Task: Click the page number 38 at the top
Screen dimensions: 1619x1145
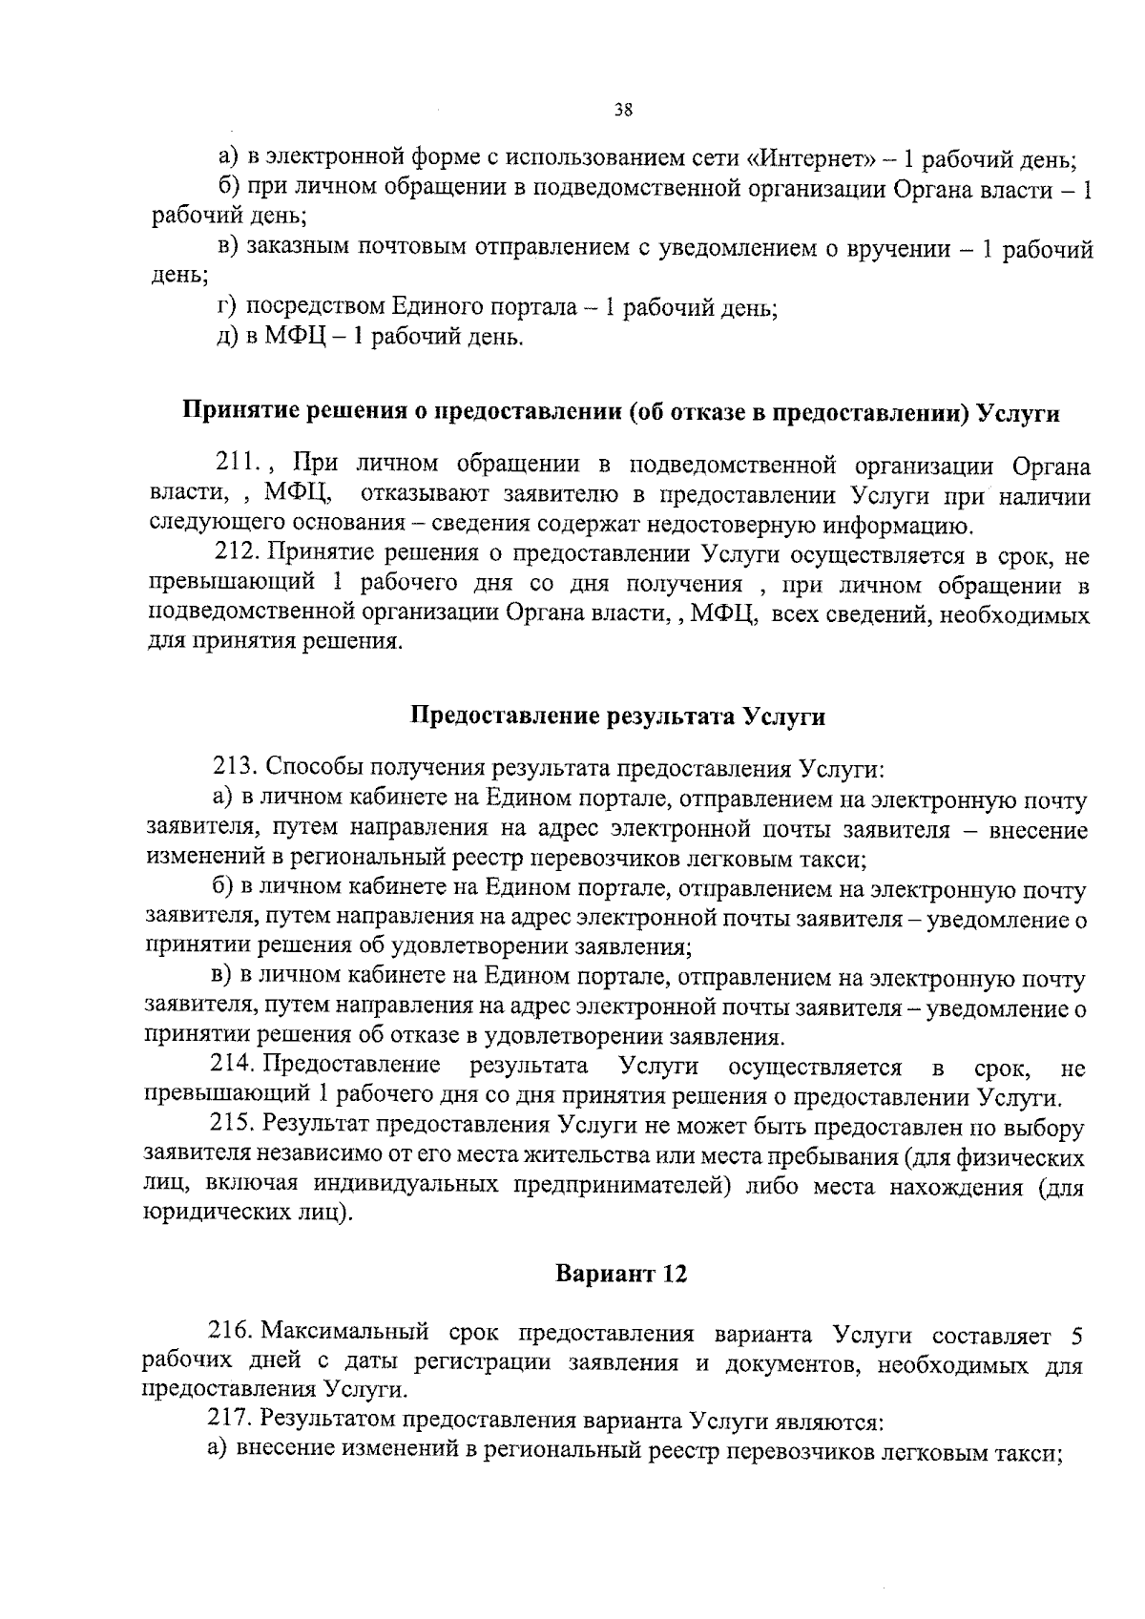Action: pyautogui.click(x=623, y=110)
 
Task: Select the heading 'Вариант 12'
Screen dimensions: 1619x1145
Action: pyautogui.click(x=621, y=1275)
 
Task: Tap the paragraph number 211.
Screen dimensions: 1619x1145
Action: pyautogui.click(x=238, y=466)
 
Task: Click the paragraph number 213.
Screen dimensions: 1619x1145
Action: pyautogui.click(x=233, y=768)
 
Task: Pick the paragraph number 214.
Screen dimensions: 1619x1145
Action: pyautogui.click(x=232, y=1066)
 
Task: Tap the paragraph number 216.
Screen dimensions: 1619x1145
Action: pyautogui.click(x=230, y=1332)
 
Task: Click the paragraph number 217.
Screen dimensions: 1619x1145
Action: pyautogui.click(x=229, y=1421)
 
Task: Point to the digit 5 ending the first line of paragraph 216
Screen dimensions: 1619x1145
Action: pyautogui.click(x=1076, y=1334)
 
